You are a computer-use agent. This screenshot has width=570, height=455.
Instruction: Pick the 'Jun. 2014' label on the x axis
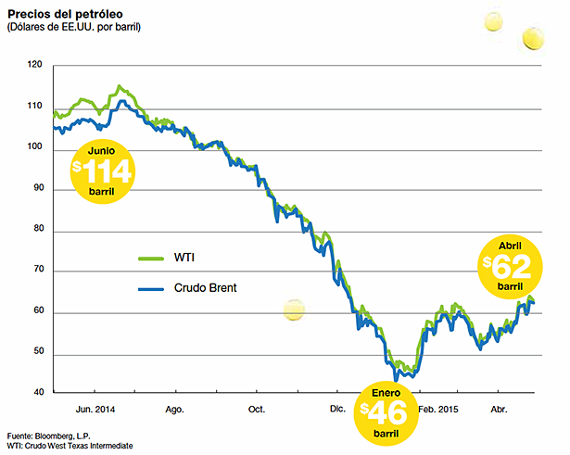pyautogui.click(x=95, y=408)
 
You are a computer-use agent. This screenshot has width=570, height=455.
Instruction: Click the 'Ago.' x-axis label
pyautogui.click(x=174, y=408)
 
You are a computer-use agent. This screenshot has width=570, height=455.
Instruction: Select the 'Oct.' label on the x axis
pyautogui.click(x=257, y=408)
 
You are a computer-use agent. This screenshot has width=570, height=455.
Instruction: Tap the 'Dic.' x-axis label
pyautogui.click(x=337, y=408)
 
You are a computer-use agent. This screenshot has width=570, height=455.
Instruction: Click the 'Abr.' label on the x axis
pyautogui.click(x=500, y=408)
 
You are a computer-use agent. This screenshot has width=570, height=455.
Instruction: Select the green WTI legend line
pyautogui.click(x=149, y=259)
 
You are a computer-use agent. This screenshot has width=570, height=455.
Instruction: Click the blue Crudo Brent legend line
pyautogui.click(x=149, y=288)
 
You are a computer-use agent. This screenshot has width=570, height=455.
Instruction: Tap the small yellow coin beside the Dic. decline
pyautogui.click(x=293, y=311)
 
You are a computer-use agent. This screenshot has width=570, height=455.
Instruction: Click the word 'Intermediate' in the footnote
pyautogui.click(x=108, y=447)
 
